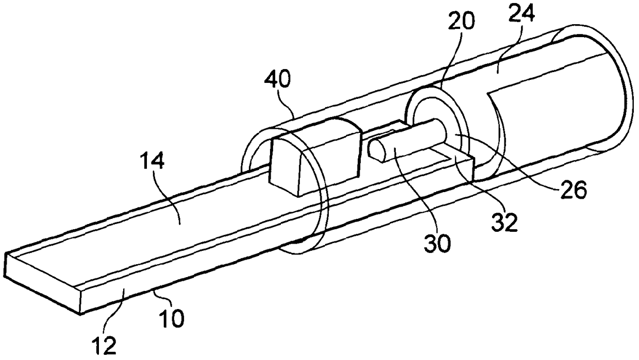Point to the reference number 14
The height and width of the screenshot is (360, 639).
click(154, 163)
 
